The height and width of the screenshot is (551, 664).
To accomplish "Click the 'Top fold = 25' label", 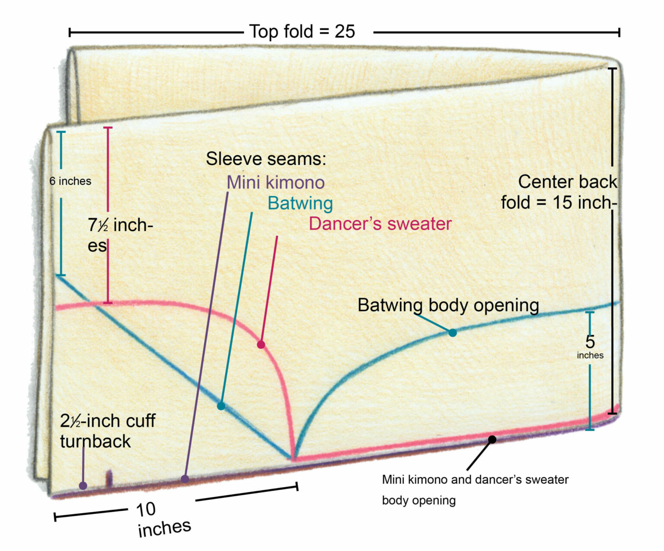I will tap(302, 32).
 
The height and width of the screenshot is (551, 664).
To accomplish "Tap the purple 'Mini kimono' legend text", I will tap(275, 182).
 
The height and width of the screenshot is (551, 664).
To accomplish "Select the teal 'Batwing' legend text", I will tap(300, 203).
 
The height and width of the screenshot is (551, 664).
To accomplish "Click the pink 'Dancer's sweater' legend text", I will tap(380, 224).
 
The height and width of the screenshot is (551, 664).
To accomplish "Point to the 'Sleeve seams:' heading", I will tap(266, 159).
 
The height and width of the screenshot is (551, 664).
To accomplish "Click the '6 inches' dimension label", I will tap(70, 181).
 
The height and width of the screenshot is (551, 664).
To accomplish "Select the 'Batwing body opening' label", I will tap(448, 305).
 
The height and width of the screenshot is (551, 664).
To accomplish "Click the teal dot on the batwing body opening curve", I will tap(452, 333).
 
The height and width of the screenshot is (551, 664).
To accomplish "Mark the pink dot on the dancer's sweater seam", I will tap(261, 345).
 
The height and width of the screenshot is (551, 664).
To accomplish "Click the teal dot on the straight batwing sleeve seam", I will tap(221, 406).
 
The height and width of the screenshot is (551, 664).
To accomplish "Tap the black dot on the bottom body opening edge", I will tap(492, 439).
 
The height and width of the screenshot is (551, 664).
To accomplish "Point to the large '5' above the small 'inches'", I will tap(590, 342).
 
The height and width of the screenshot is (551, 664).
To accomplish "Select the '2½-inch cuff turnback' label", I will tap(107, 431).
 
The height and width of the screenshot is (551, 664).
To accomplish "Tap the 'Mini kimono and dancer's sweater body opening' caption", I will tap(475, 490).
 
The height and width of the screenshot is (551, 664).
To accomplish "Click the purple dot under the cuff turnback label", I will tap(83, 486).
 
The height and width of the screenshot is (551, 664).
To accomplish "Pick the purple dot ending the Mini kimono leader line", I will tap(185, 479).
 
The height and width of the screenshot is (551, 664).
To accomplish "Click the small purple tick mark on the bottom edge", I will tap(109, 477).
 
